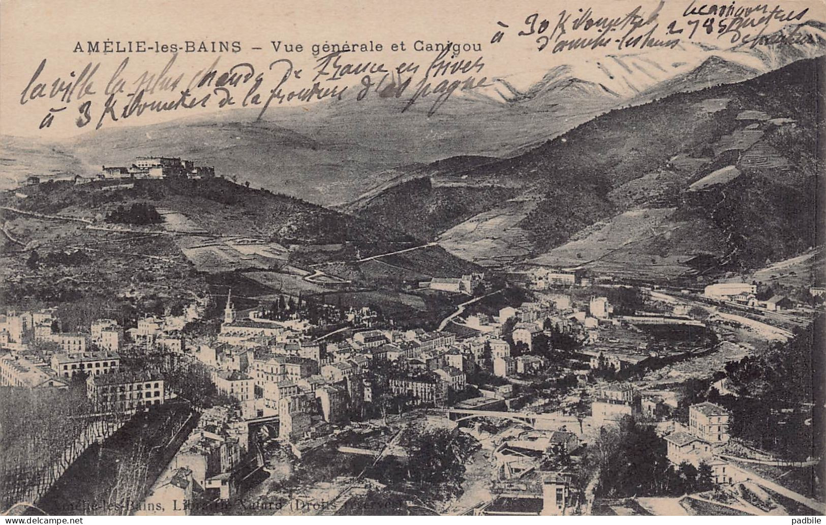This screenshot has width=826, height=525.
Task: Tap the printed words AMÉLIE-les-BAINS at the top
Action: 157,47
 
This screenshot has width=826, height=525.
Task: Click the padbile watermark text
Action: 806,520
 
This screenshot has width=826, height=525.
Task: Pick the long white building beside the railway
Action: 729,290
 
